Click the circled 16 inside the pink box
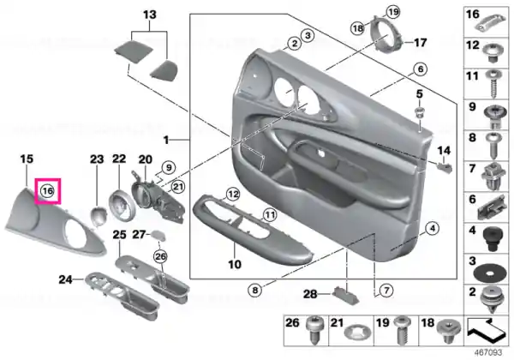pyautogui.click(x=47, y=191)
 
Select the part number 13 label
pyautogui.click(x=150, y=15)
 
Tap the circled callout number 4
pyautogui.click(x=433, y=228)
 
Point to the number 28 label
pyautogui.click(x=310, y=294)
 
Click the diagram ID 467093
pyautogui.click(x=488, y=352)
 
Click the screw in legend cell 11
pyautogui.click(x=493, y=84)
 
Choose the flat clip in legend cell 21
pyautogui.click(x=356, y=333)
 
